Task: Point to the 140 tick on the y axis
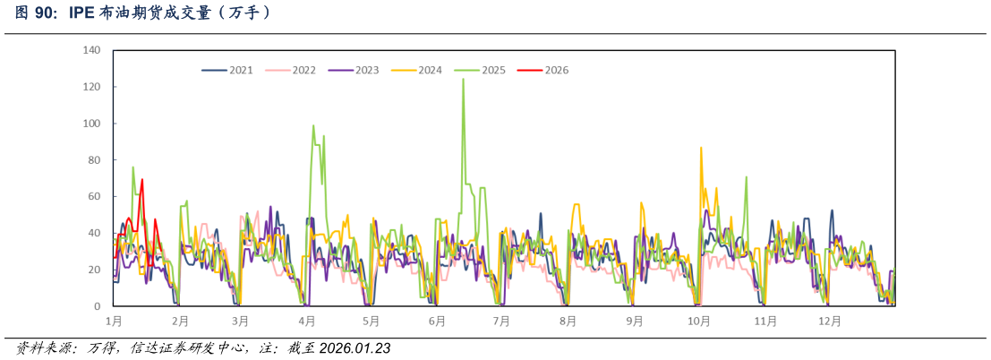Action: [x=91, y=50]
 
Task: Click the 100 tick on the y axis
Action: [x=91, y=124]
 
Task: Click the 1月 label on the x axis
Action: [x=114, y=321]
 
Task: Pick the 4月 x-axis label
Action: [x=307, y=321]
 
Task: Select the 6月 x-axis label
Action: [x=437, y=321]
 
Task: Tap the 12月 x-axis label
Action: [x=831, y=321]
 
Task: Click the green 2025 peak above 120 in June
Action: [x=463, y=80]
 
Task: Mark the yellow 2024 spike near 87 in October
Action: [x=701, y=148]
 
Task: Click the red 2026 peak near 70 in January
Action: [x=142, y=180]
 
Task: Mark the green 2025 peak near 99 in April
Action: [x=313, y=126]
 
